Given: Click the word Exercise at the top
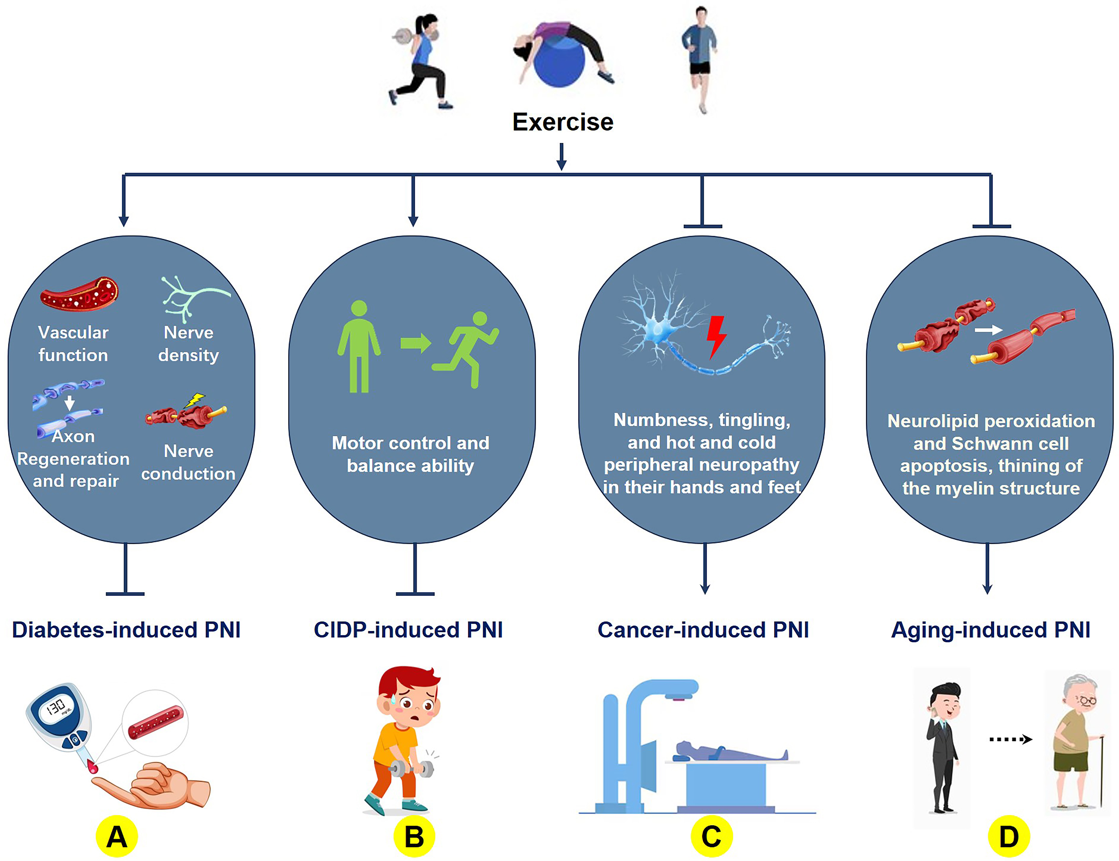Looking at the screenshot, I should coord(563,122).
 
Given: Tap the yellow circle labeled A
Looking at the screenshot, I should coord(117,836).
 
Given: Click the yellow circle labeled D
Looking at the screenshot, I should coord(1008,836).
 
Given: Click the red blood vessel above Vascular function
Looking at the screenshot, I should coord(79,295).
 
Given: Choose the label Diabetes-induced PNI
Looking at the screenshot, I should coord(126,630).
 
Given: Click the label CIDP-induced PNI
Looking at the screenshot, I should coord(408,630).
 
